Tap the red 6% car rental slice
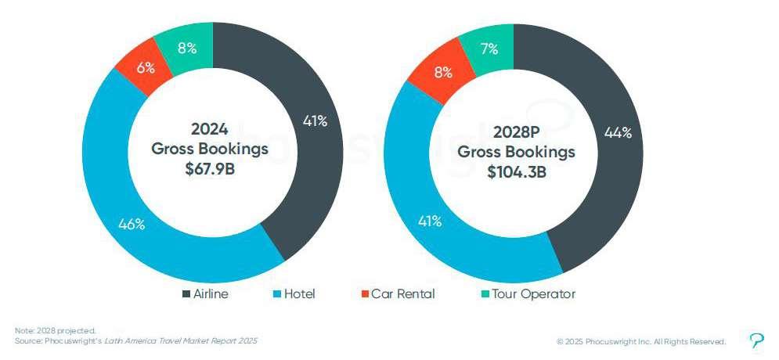coord(145,67)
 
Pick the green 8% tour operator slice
coord(188,49)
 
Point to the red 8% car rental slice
coord(442,73)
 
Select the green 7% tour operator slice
coord(489,49)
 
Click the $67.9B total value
coord(210,169)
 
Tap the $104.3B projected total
coord(516,172)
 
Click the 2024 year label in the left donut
coord(210,129)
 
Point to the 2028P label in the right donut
coord(516,132)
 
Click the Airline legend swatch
coord(187,294)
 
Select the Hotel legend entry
coord(294,294)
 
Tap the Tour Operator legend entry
coord(528,294)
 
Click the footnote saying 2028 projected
coord(55,331)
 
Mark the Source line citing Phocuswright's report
coord(136,341)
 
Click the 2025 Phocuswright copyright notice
coord(641,342)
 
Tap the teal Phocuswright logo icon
coord(756,340)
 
